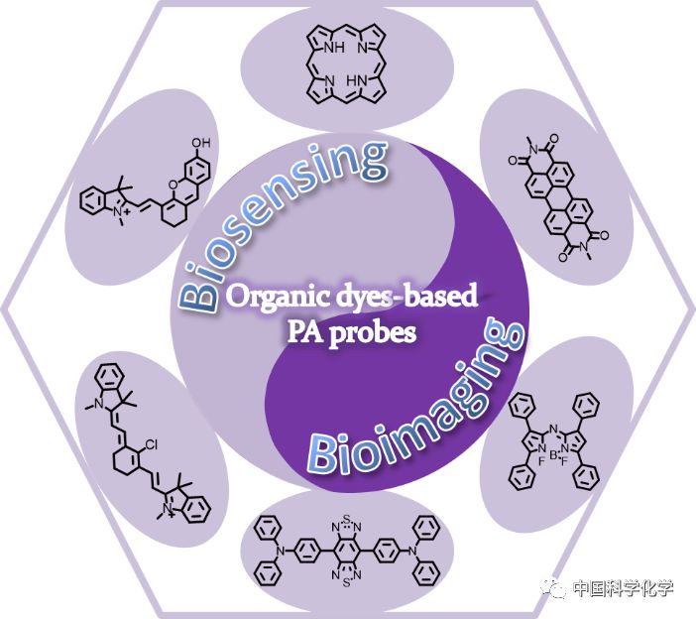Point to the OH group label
point(201,143)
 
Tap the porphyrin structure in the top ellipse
point(347,61)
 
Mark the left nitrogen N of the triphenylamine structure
point(283,555)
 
